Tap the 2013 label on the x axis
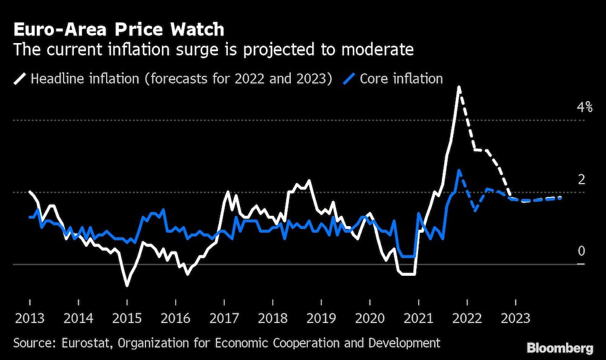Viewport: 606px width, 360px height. point(29,318)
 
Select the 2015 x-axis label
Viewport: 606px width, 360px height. point(127,318)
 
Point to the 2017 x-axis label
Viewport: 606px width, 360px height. point(224,318)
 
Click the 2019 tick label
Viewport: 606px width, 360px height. point(321,318)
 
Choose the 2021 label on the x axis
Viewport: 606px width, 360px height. point(418,318)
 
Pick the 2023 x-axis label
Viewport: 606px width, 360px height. point(515,318)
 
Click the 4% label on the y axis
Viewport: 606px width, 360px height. point(584,108)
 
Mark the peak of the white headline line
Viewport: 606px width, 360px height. point(459,87)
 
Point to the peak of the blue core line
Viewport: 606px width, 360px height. point(459,170)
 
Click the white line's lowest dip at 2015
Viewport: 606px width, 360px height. point(127,285)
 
